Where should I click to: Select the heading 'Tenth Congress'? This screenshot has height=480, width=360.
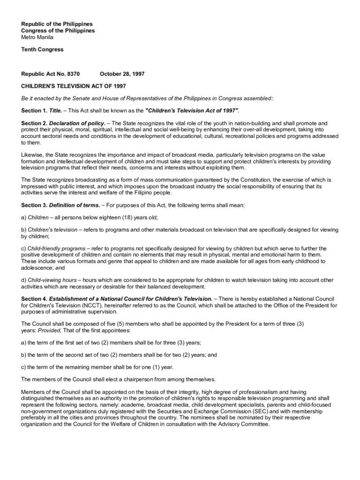(42, 49)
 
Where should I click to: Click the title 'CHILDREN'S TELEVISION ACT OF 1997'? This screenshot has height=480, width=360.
(73, 86)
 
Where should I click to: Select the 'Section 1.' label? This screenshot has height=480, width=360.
(34, 110)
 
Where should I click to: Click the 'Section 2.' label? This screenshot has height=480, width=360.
(34, 123)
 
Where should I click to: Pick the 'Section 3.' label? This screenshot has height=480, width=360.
(34, 205)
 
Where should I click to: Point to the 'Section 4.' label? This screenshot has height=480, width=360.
(34, 299)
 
